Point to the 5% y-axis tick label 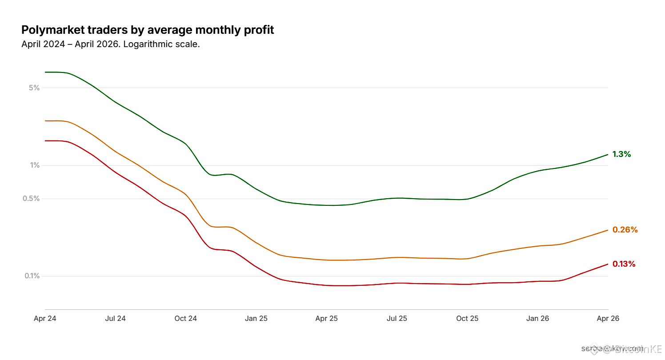click(x=34, y=88)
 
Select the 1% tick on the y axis click(x=35, y=165)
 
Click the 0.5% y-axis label click(x=32, y=198)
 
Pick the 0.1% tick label click(x=32, y=276)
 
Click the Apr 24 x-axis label click(x=45, y=319)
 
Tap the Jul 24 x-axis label click(x=115, y=319)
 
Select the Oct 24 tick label click(x=186, y=319)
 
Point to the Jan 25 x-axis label click(x=256, y=319)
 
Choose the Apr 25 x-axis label click(x=327, y=319)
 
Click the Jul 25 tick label click(x=397, y=319)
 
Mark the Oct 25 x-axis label click(x=468, y=319)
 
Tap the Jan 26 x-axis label click(x=538, y=319)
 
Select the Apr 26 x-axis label click(x=608, y=319)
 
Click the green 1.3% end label click(x=621, y=154)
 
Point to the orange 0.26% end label click(x=625, y=230)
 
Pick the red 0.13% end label click(x=624, y=264)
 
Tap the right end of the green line click(x=608, y=155)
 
